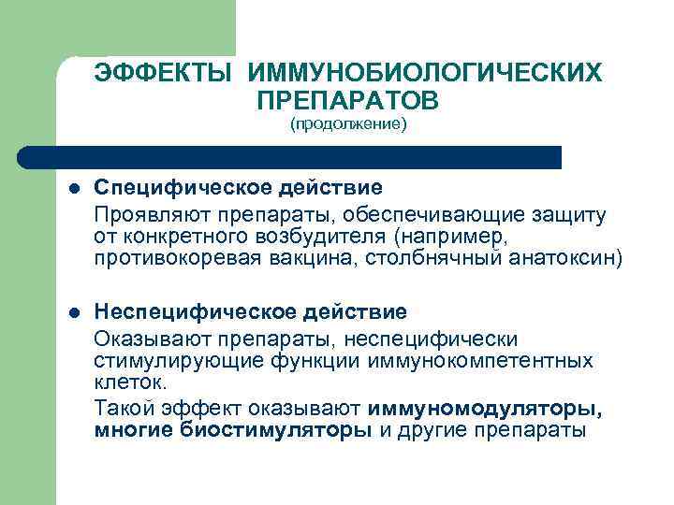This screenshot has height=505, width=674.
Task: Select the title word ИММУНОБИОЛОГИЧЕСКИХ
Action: pos(425,73)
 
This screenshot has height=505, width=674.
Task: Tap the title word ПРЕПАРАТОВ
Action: pos(346,99)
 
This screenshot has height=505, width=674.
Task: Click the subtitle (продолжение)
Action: pos(348,124)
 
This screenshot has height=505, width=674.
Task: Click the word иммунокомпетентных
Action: pos(481,360)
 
